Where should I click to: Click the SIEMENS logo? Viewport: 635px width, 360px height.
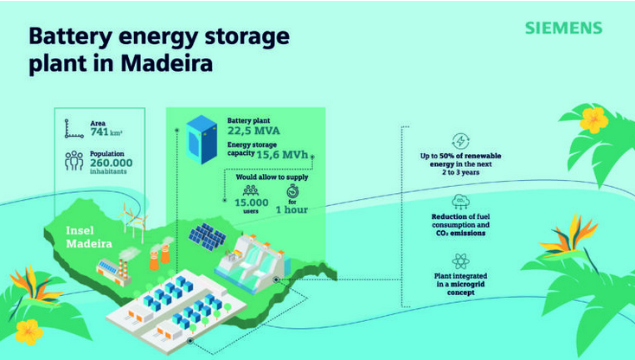(562, 28)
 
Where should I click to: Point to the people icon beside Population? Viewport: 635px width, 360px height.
(74, 160)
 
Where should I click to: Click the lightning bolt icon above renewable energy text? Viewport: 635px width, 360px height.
(461, 141)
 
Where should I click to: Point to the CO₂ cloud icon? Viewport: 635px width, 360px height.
(461, 202)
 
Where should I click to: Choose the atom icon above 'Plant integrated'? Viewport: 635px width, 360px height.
(461, 260)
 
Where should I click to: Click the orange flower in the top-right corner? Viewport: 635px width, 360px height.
(593, 120)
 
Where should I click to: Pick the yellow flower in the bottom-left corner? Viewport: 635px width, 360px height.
(29, 330)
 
